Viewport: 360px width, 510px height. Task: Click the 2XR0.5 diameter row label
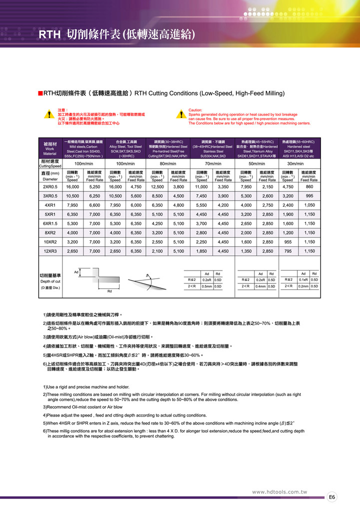(50, 186)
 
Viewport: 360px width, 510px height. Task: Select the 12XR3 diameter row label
(50, 251)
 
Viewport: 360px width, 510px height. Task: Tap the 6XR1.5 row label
(50, 223)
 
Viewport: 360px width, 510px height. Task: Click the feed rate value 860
(309, 186)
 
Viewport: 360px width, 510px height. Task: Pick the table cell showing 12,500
(157, 186)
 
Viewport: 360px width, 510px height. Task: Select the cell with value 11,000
(201, 186)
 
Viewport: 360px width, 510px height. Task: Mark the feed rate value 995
(309, 195)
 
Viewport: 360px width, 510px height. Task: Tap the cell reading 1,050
(309, 205)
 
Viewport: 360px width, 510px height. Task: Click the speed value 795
(287, 251)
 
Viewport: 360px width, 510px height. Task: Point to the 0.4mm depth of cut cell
(260, 286)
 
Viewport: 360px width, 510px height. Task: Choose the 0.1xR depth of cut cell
(303, 279)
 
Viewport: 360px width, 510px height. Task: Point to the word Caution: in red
(195, 110)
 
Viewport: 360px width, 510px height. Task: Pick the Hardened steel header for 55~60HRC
(299, 146)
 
